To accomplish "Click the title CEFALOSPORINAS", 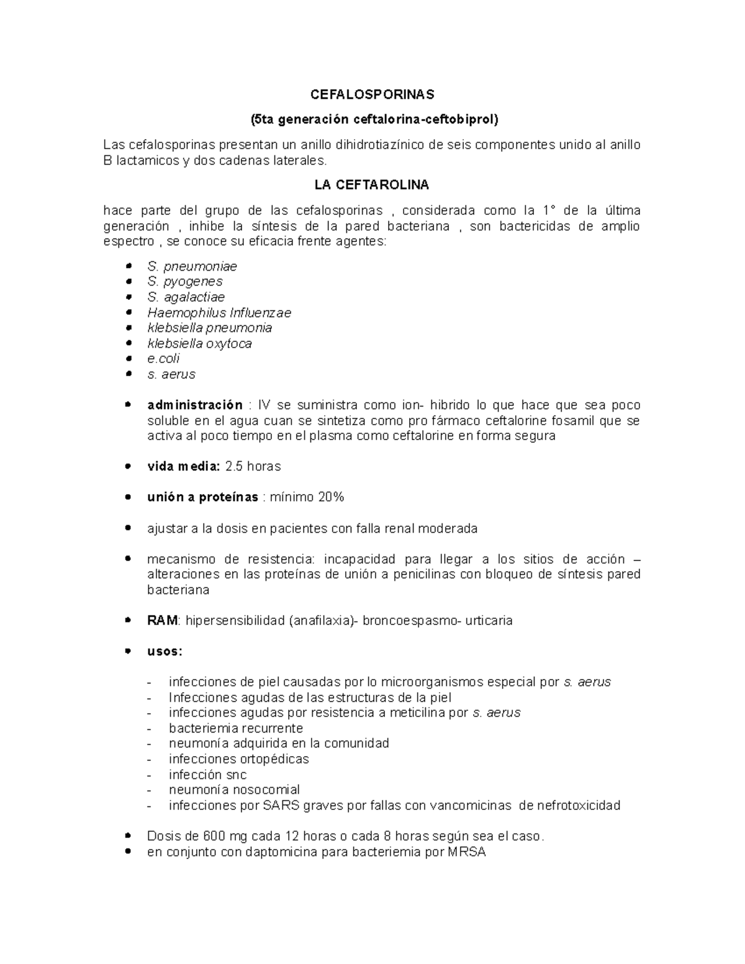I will click(372, 95).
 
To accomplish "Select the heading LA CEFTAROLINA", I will click(372, 186).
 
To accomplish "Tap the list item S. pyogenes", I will click(185, 282).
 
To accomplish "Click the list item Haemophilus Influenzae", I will click(219, 313).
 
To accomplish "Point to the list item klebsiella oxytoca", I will click(199, 343).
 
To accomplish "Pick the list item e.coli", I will click(163, 359).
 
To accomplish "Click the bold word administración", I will click(195, 405).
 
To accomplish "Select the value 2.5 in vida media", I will click(234, 466).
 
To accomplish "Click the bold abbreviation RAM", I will click(162, 621).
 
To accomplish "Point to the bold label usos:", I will click(165, 652).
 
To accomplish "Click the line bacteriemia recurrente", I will click(236, 728).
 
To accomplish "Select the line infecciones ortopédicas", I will click(238, 759).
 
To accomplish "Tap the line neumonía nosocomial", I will click(234, 790).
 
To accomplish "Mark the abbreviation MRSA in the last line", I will click(466, 852).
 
